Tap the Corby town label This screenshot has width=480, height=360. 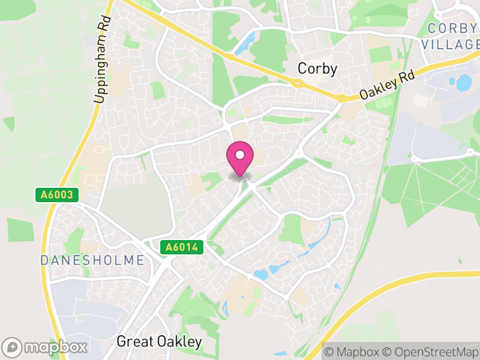click(317, 69)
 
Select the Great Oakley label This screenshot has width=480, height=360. click(159, 341)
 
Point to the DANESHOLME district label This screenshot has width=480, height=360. click(92, 260)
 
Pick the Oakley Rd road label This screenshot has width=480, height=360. click(387, 86)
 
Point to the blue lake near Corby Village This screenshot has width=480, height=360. click(464, 83)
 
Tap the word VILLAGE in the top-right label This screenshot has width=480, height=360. click(451, 44)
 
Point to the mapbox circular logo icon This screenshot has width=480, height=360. click(13, 347)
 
